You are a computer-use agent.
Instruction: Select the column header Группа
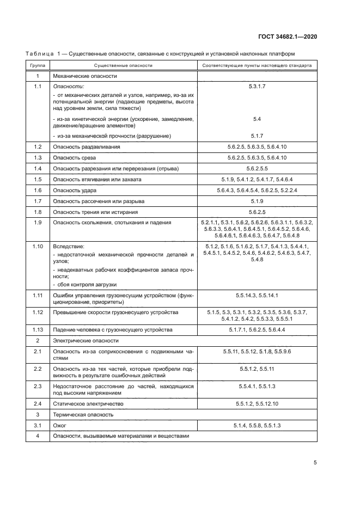38,65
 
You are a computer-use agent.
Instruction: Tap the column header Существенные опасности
123,65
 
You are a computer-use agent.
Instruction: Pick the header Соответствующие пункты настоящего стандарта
257,65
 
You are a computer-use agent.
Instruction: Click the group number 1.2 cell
38,147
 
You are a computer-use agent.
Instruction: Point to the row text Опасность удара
75,190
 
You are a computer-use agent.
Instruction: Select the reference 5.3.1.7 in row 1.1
258,87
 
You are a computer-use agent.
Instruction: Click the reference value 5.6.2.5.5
258,168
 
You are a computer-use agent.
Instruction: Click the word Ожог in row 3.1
59,425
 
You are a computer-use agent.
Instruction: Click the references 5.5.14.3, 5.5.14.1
258,295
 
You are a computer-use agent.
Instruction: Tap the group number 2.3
38,386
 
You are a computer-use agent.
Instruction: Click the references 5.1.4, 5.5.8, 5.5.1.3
258,425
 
